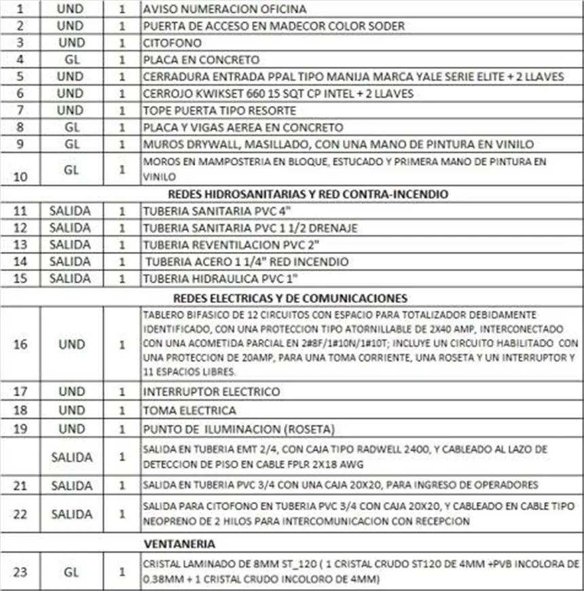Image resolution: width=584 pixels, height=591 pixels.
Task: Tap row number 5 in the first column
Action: (x=20, y=77)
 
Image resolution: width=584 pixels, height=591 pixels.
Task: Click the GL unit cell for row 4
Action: (x=71, y=60)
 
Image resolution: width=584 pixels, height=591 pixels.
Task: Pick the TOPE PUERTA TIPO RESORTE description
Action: (x=219, y=110)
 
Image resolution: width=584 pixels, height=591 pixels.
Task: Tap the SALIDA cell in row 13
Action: (x=71, y=245)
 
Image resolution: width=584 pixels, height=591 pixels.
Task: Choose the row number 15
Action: (x=20, y=279)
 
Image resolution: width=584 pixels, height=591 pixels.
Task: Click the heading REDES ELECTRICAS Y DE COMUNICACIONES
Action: (x=291, y=298)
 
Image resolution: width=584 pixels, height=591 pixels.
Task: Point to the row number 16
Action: (x=20, y=344)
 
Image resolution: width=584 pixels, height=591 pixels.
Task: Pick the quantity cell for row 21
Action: (x=122, y=485)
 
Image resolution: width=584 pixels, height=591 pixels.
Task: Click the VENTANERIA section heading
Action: (x=180, y=543)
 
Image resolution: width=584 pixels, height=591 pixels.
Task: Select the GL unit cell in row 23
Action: (x=71, y=572)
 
